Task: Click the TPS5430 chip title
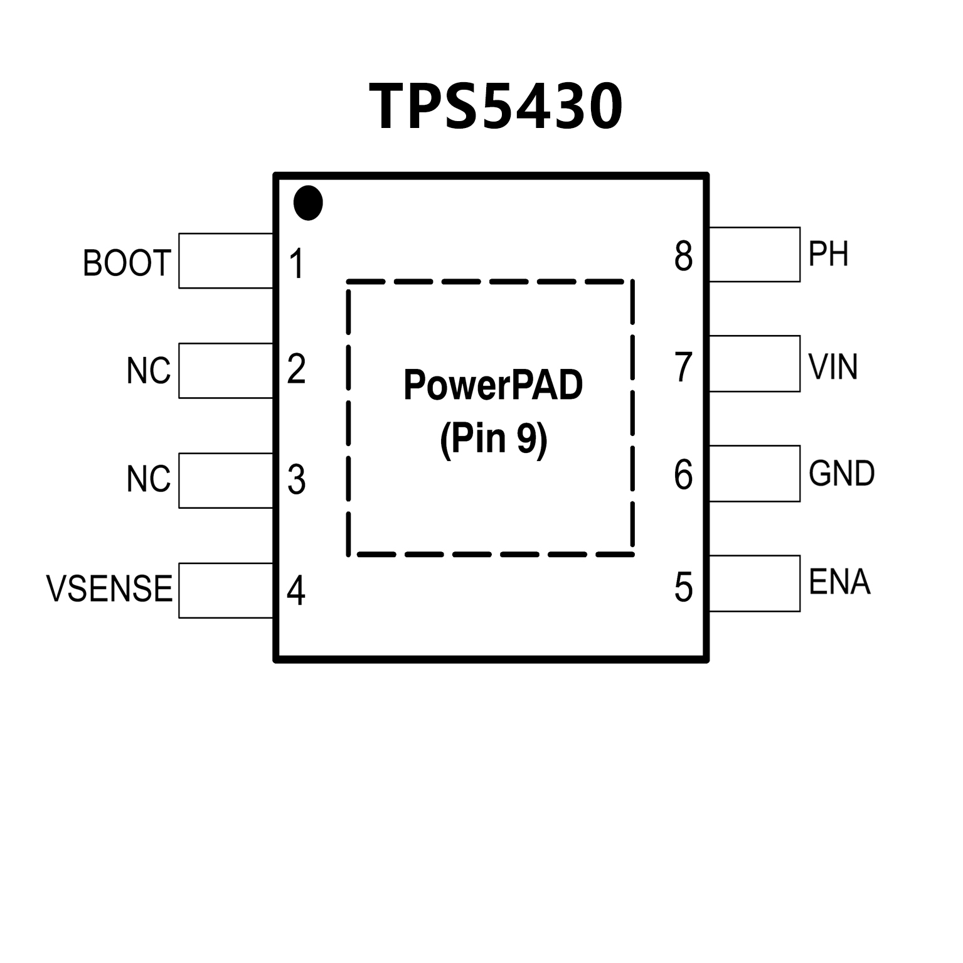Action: point(496,107)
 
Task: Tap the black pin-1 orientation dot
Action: point(308,203)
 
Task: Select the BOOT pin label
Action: point(127,263)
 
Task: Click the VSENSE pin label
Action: point(109,588)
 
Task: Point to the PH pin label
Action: point(828,254)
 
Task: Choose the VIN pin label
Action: point(833,367)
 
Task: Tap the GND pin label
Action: point(841,474)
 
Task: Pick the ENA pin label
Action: point(839,582)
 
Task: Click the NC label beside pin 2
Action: point(148,371)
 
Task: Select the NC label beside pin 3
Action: point(148,480)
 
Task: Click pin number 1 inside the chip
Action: point(297,263)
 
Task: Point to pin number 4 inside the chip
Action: point(296,590)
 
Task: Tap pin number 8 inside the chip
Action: point(683,256)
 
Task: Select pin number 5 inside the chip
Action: point(683,588)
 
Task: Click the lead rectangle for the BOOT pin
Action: point(226,261)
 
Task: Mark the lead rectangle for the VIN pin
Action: point(754,364)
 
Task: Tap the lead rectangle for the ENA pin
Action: point(754,583)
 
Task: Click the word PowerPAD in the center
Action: point(493,385)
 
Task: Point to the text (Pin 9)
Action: point(493,439)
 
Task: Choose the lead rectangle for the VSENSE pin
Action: point(226,590)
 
